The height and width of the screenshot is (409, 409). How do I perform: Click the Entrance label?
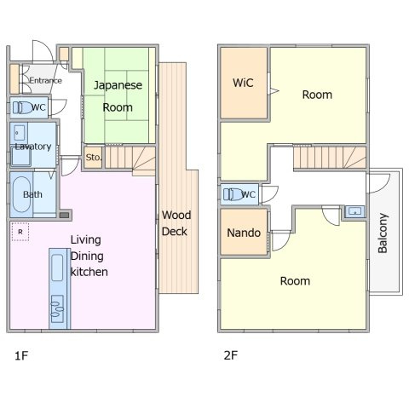45,81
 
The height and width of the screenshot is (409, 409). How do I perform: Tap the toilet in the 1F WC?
22,107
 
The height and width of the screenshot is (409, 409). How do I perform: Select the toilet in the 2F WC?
233,194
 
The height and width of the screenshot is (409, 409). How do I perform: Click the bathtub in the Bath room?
21,194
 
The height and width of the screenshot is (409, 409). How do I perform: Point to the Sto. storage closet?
93,157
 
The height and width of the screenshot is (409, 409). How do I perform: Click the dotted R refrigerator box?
20,232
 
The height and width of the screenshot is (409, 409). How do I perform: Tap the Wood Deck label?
176,223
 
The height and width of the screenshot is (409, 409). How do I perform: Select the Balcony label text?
383,233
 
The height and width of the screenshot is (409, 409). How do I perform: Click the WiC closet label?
243,83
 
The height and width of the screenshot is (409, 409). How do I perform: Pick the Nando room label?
244,233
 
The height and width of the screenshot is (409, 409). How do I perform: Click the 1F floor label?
21,355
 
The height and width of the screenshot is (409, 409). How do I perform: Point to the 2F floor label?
231,355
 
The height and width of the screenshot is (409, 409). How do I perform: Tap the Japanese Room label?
118,96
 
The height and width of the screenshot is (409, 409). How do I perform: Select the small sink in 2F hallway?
355,211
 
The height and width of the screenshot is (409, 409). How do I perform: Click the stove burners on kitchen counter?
57,308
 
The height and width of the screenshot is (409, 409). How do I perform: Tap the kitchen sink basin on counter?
57,268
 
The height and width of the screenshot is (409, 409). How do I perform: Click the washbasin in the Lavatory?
20,133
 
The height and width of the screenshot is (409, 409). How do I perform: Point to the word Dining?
87,256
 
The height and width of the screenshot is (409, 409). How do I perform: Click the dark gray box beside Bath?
65,215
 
